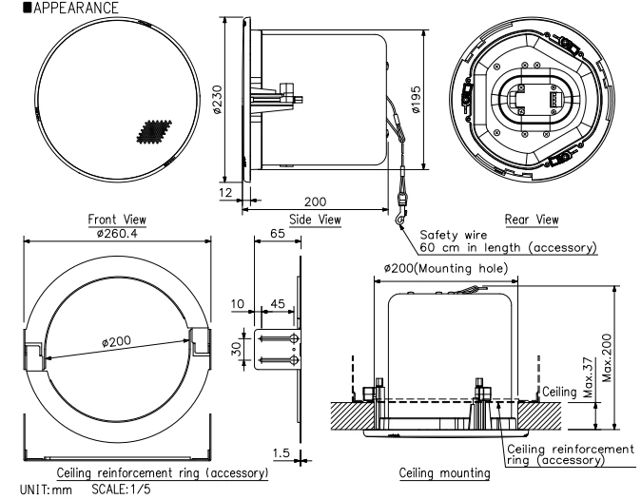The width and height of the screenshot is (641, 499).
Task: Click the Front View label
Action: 116,219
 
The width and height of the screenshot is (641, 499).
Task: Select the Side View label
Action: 315,220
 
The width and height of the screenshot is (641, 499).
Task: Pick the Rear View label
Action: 532,220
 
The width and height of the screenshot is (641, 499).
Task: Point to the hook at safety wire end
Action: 398,222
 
